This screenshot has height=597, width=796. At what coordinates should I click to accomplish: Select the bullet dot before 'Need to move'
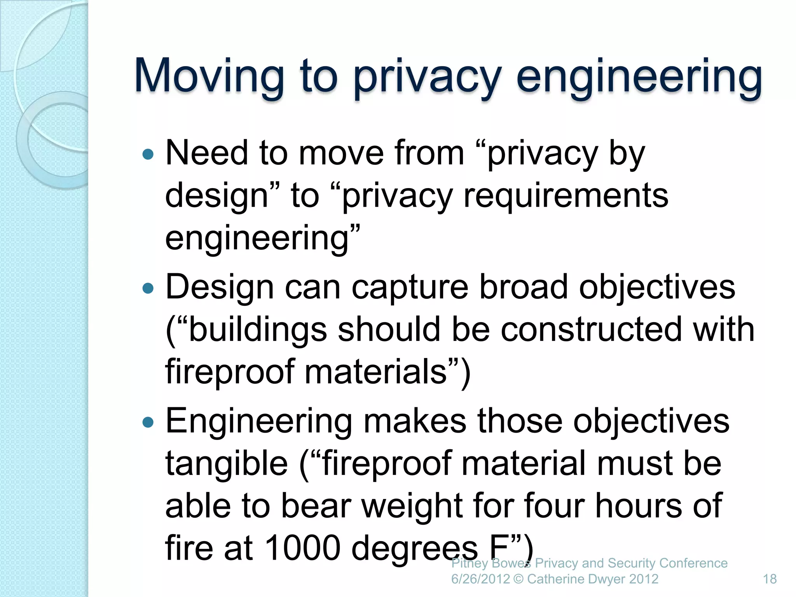(148, 155)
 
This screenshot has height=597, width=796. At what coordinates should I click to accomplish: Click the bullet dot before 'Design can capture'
(148, 288)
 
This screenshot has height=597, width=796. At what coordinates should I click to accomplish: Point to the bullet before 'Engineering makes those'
(148, 422)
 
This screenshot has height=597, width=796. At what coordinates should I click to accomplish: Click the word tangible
(227, 464)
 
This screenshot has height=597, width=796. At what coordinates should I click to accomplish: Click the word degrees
(415, 550)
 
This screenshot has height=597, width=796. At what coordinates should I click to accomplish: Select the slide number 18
(770, 579)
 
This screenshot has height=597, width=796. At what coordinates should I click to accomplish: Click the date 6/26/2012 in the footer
(480, 579)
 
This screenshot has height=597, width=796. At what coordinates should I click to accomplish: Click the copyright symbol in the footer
(518, 579)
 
